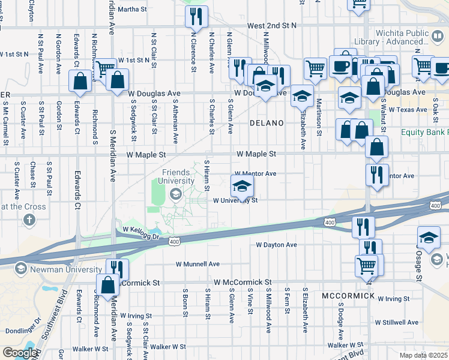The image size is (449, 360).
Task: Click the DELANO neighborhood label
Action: tap(266, 123)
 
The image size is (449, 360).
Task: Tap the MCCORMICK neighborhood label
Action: tap(348, 296)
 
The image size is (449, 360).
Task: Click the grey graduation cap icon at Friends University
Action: tap(175, 193)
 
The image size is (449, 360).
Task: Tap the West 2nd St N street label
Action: tap(272, 26)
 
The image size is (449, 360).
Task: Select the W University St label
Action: tap(235, 201)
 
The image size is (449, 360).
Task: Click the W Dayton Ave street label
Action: tap(276, 245)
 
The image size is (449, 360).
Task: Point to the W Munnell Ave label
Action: tap(197, 264)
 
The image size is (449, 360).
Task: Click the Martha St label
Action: tap(133, 10)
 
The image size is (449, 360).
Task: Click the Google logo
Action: tap(19, 353)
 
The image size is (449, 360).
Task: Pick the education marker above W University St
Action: tap(242, 186)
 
